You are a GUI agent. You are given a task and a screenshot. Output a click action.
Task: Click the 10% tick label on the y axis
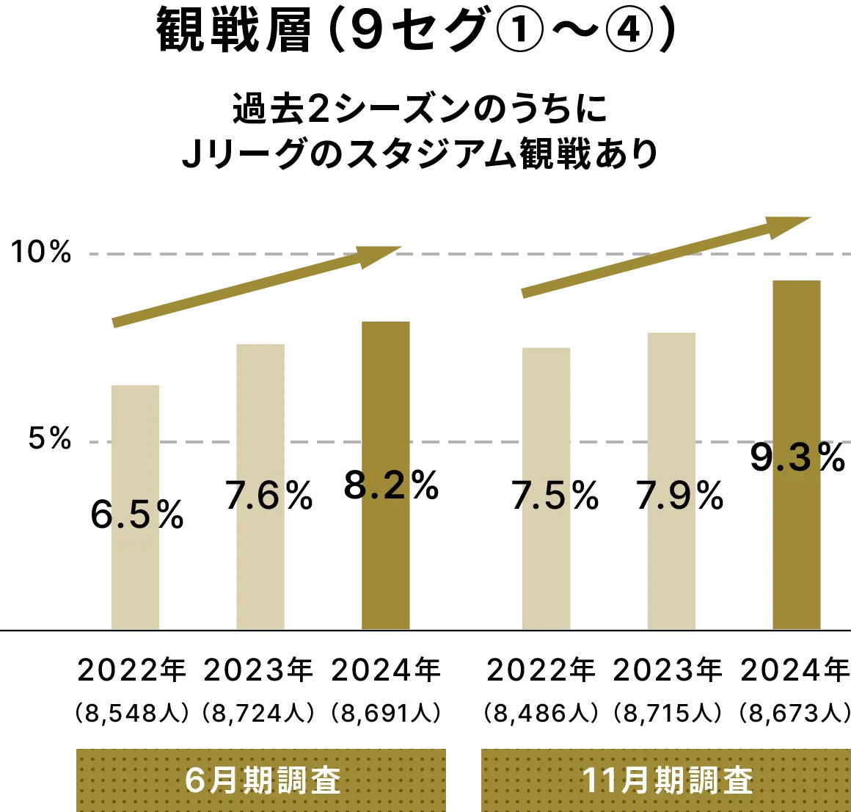(x=41, y=253)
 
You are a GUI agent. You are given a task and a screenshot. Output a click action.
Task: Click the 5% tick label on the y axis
(x=50, y=439)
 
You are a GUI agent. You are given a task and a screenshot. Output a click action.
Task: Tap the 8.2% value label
(x=391, y=485)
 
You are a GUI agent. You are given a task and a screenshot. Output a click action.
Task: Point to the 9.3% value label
(x=797, y=457)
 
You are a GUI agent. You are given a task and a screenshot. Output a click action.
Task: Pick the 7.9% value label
(x=679, y=496)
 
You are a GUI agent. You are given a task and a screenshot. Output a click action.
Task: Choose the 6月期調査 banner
(x=261, y=780)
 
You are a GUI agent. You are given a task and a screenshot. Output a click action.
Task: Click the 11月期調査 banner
(x=666, y=780)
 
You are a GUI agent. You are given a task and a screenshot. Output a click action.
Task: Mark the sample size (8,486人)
(x=541, y=713)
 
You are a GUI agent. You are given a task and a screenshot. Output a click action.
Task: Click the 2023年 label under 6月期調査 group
(x=258, y=670)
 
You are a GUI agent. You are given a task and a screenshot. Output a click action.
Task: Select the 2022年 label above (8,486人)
(x=541, y=670)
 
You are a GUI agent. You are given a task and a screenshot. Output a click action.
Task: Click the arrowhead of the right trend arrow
(x=789, y=223)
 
